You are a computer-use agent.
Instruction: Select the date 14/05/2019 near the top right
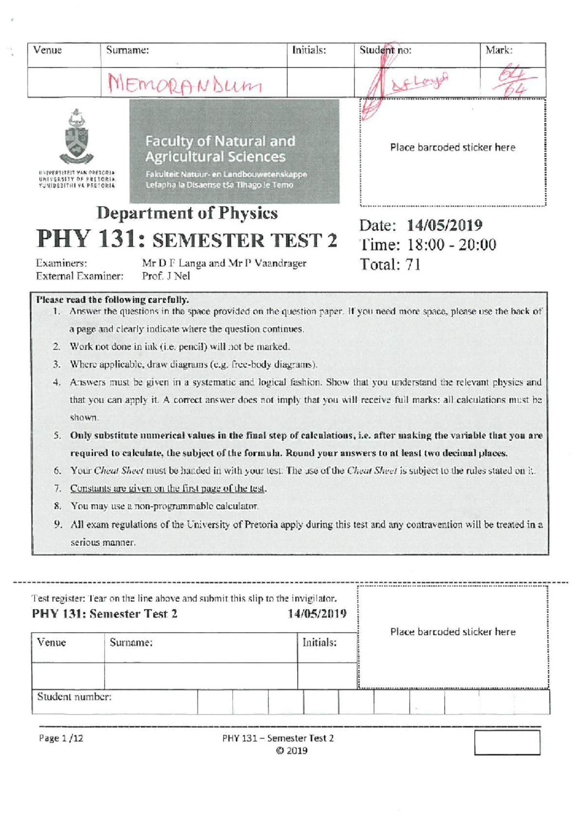coord(444,225)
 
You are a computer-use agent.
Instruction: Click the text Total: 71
coord(390,264)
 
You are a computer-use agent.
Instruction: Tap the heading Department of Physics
coord(187,213)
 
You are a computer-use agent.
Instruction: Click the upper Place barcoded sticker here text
coord(452,147)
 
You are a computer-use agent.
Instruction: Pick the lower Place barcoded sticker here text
coord(452,632)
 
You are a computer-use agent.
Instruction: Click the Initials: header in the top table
coord(309,50)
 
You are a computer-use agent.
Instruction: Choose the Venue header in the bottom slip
coord(52,642)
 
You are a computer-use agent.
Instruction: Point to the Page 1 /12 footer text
coord(61,738)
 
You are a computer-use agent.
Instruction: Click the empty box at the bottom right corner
coord(507,742)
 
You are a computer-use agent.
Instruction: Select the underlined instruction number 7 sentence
coord(168,488)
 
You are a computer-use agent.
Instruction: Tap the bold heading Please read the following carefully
coord(113,299)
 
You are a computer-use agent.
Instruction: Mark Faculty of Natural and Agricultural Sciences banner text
coord(220,149)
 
